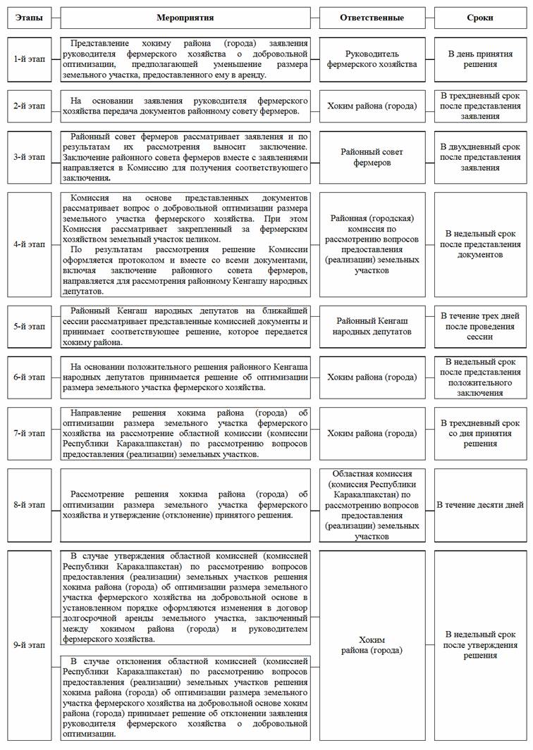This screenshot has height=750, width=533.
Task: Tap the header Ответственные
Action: point(372,17)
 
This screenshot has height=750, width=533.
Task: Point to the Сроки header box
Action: point(479,17)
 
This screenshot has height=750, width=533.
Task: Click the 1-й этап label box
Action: point(28,58)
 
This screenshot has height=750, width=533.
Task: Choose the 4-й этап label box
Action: point(28,244)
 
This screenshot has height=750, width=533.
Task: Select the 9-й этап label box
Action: point(28,645)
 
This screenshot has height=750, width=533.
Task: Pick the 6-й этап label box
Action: point(28,377)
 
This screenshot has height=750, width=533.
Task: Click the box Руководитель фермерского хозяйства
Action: point(372,58)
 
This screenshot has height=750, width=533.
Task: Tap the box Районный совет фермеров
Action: point(372,157)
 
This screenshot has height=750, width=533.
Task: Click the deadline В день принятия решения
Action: point(479,58)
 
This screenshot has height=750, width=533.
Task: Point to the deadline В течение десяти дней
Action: point(479,505)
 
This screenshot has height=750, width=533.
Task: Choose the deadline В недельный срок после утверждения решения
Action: point(479,645)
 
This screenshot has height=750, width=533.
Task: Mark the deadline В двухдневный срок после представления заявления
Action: point(479,157)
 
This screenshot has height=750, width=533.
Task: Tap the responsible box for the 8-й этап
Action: point(372,505)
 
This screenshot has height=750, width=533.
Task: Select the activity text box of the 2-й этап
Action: point(185,106)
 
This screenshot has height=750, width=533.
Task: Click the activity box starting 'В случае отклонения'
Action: point(185,696)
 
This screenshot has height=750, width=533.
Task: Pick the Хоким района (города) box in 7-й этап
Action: point(372,434)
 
